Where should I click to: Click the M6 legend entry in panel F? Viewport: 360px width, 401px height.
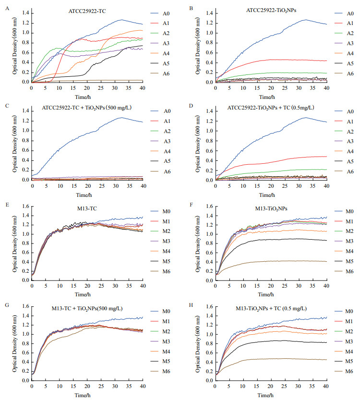[x=348, y=271]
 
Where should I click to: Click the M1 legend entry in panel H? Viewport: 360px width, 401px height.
[x=348, y=321]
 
